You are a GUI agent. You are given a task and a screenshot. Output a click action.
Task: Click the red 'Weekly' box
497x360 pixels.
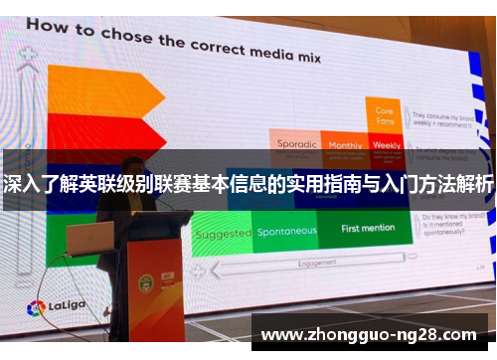click(387, 145)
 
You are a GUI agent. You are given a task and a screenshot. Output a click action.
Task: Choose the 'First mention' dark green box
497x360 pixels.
click(368, 229)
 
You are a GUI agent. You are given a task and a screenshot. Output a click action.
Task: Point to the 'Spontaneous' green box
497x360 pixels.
click(287, 232)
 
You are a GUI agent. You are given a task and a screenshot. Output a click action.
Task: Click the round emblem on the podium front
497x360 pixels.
click(145, 284)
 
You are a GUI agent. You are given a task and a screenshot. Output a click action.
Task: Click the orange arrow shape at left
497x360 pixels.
click(98, 90)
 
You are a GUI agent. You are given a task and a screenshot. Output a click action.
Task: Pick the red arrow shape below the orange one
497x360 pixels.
click(98, 128)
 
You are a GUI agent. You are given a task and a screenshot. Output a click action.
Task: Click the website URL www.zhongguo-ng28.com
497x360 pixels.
click(368, 335)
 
